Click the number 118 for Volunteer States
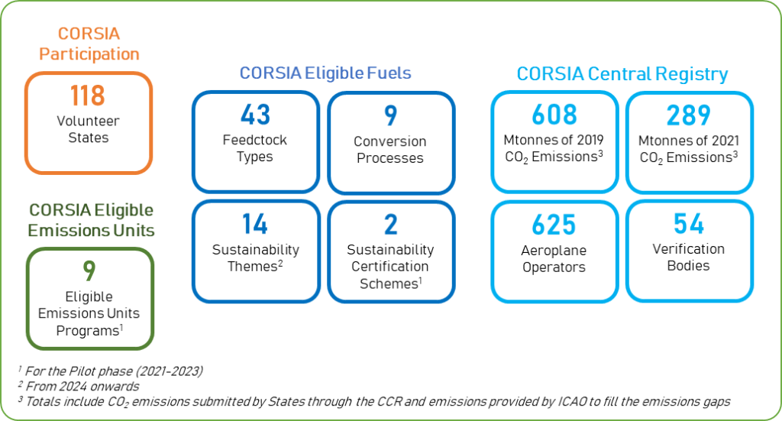tap(88, 97)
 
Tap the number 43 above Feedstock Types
tap(255, 115)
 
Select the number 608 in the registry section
tap(554, 115)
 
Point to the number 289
tap(688, 115)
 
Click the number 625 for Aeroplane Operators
tap(554, 225)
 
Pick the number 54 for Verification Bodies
tap(688, 223)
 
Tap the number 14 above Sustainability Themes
tap(255, 224)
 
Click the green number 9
tap(89, 271)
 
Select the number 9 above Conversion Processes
tap(389, 116)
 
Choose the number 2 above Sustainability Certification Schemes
tap(389, 225)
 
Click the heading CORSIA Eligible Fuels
tap(325, 73)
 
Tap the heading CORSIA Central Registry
tap(622, 74)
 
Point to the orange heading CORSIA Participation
tap(89, 44)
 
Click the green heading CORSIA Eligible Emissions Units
tap(91, 220)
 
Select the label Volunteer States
tap(88, 129)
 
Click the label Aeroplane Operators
tap(554, 258)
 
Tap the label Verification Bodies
tap(688, 257)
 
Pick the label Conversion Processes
tap(389, 150)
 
